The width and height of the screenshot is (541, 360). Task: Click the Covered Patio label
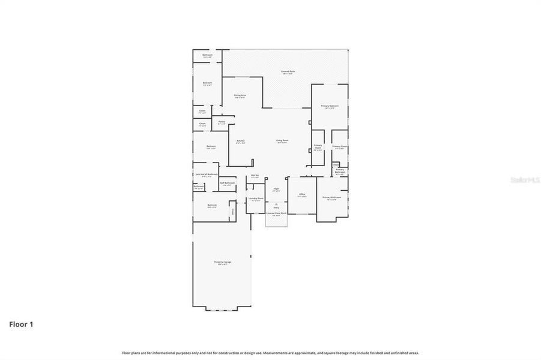[288, 71]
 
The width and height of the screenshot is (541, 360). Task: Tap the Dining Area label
[240, 95]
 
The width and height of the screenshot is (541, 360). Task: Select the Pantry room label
[222, 122]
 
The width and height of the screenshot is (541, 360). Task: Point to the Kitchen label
[240, 141]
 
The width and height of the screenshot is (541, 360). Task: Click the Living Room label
[282, 141]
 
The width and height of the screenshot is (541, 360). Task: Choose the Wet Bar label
[255, 176]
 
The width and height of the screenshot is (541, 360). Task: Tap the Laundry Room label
[256, 198]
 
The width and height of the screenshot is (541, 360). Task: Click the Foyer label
[276, 188]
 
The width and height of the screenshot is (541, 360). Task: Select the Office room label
[302, 194]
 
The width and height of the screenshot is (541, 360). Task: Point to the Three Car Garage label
[223, 262]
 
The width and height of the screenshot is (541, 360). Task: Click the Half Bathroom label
[227, 183]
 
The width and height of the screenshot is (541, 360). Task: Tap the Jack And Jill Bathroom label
[206, 175]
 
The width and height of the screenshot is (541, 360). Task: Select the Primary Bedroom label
[330, 106]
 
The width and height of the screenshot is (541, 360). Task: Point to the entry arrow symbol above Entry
[276, 203]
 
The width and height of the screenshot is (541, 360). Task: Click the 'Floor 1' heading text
[21, 325]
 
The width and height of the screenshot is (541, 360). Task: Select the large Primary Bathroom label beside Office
[331, 197]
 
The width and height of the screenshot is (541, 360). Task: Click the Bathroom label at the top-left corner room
[207, 55]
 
